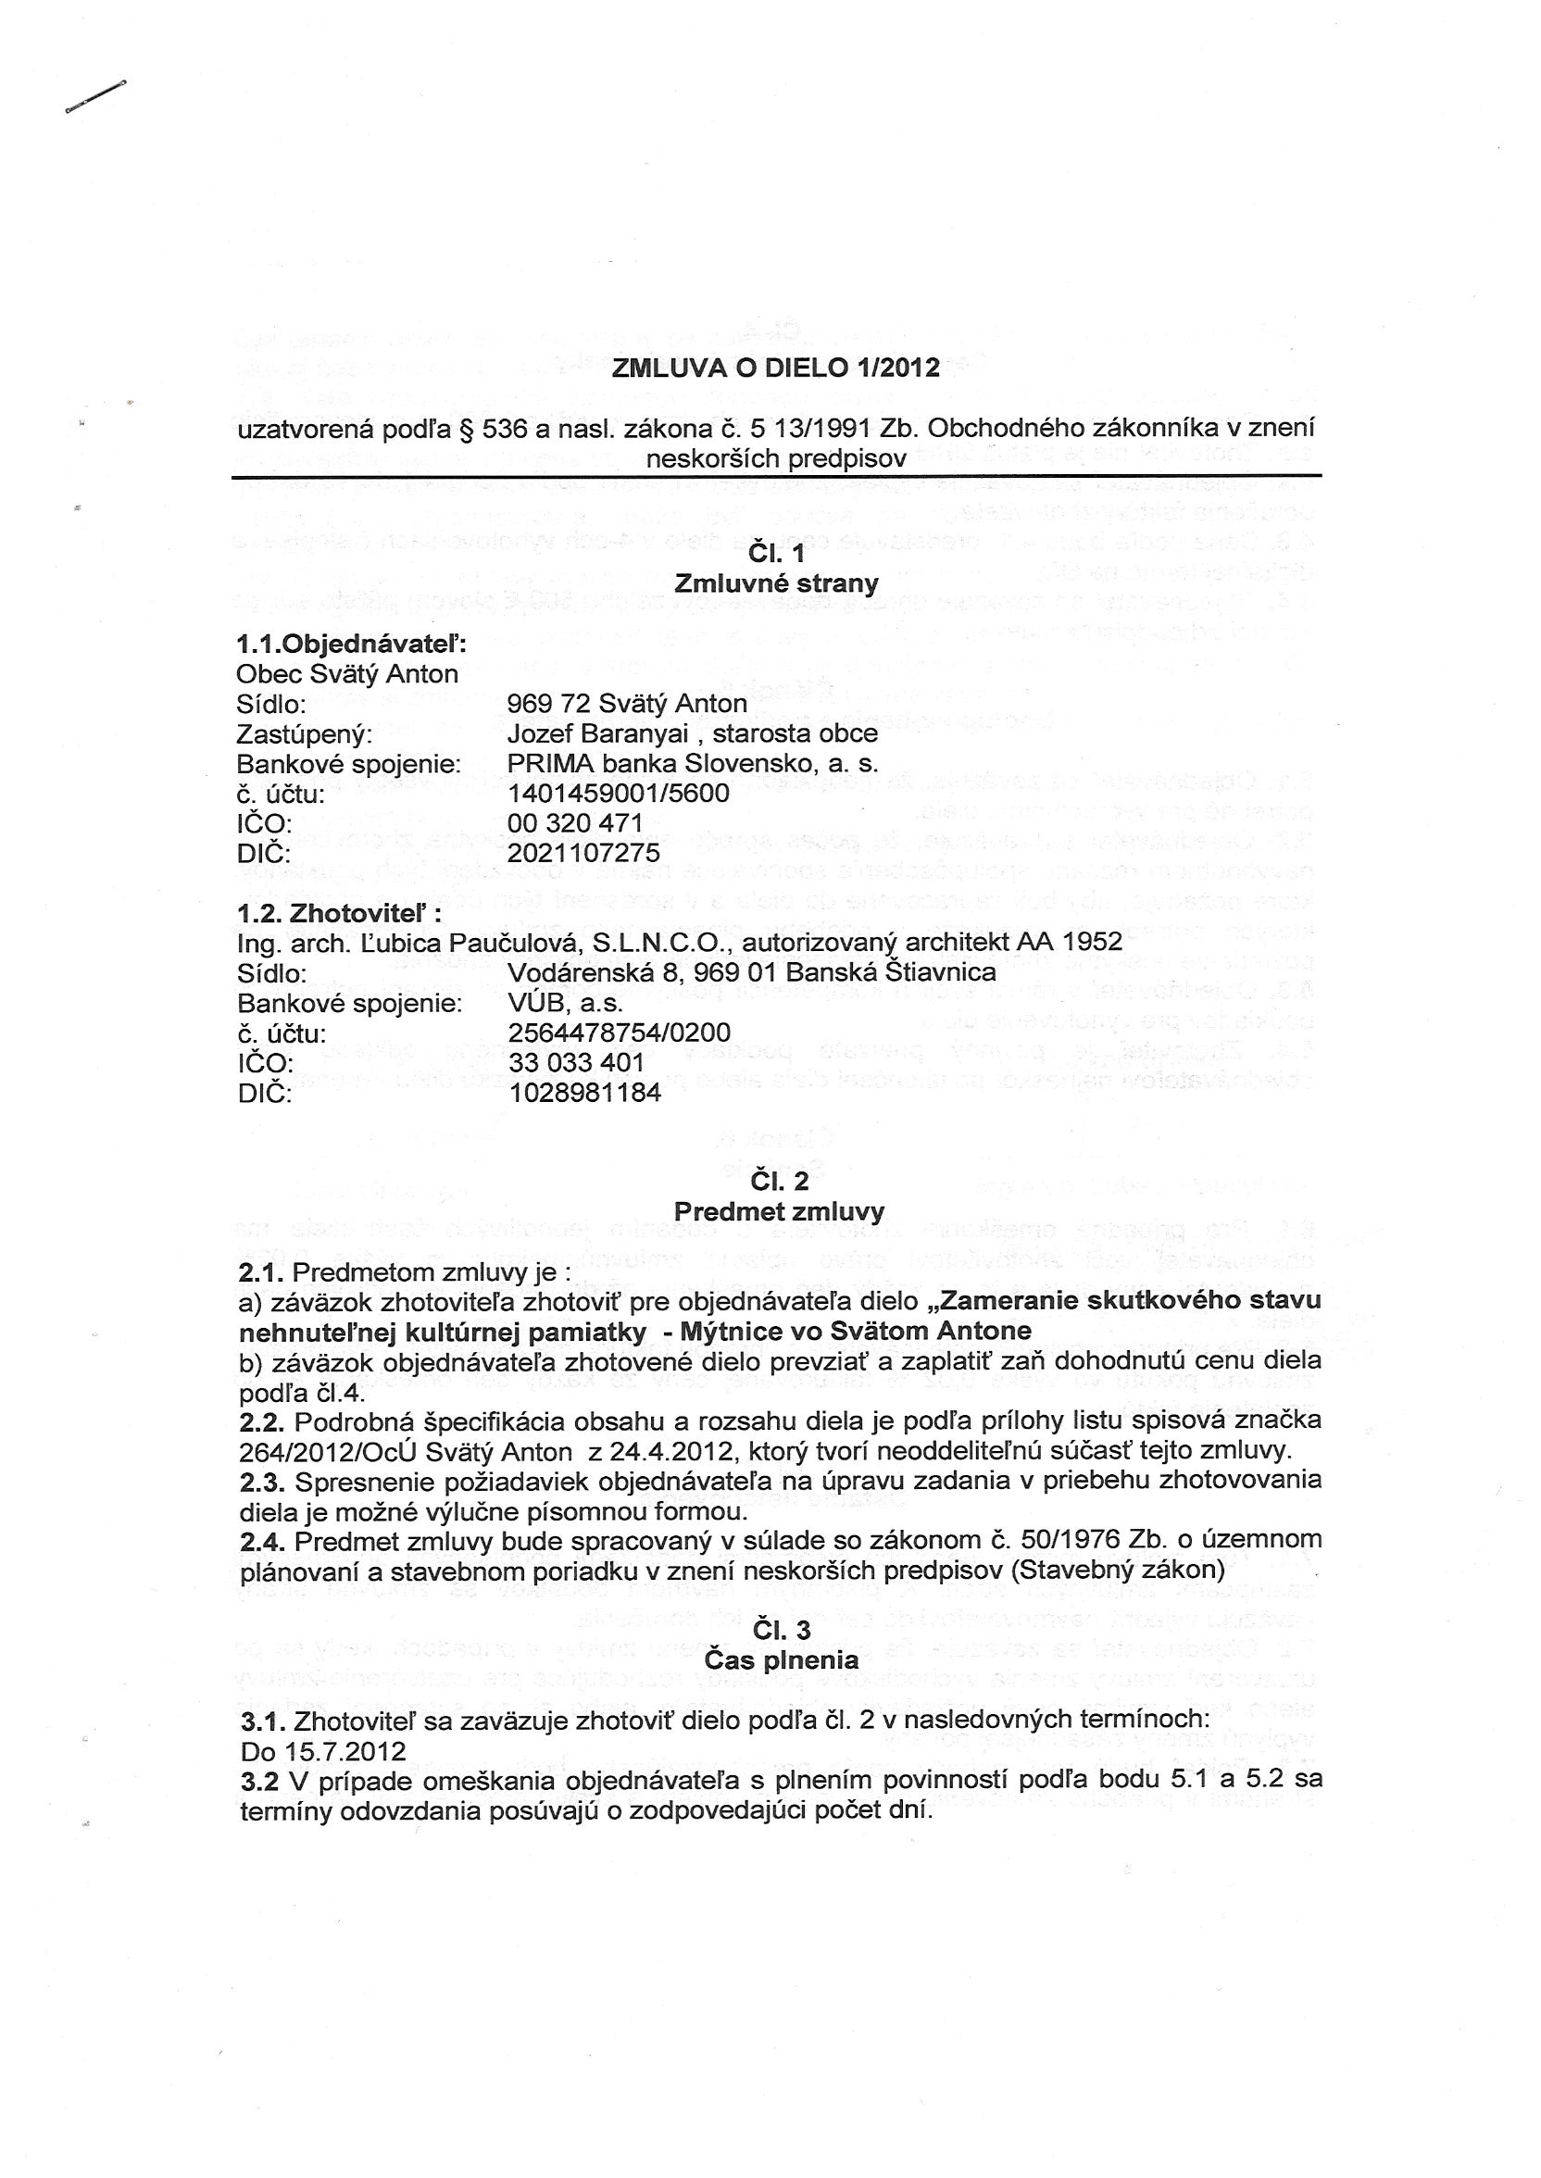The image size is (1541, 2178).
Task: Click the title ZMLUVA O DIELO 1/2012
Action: (x=775, y=368)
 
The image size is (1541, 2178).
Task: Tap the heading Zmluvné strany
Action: (x=776, y=583)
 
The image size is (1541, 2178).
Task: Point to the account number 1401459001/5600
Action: (x=619, y=793)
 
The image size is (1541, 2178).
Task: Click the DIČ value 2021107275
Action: (x=583, y=852)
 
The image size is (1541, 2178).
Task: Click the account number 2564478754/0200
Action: (x=620, y=1033)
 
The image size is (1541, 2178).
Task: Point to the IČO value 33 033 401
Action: (x=576, y=1062)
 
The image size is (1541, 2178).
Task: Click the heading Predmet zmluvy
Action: (x=778, y=1211)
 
